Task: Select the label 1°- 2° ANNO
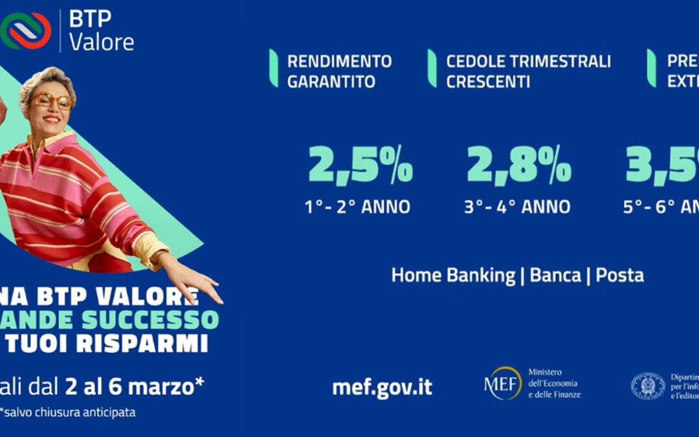click(x=357, y=207)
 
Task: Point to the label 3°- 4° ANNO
click(x=517, y=207)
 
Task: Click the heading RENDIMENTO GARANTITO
click(x=339, y=71)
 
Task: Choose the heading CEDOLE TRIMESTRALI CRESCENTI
click(x=528, y=71)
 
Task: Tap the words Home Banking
click(x=453, y=275)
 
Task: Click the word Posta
click(x=619, y=275)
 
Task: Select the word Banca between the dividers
click(x=555, y=275)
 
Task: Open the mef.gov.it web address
click(x=382, y=387)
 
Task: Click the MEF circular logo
click(x=503, y=383)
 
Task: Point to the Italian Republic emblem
click(x=647, y=386)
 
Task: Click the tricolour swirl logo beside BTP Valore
click(x=27, y=30)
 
